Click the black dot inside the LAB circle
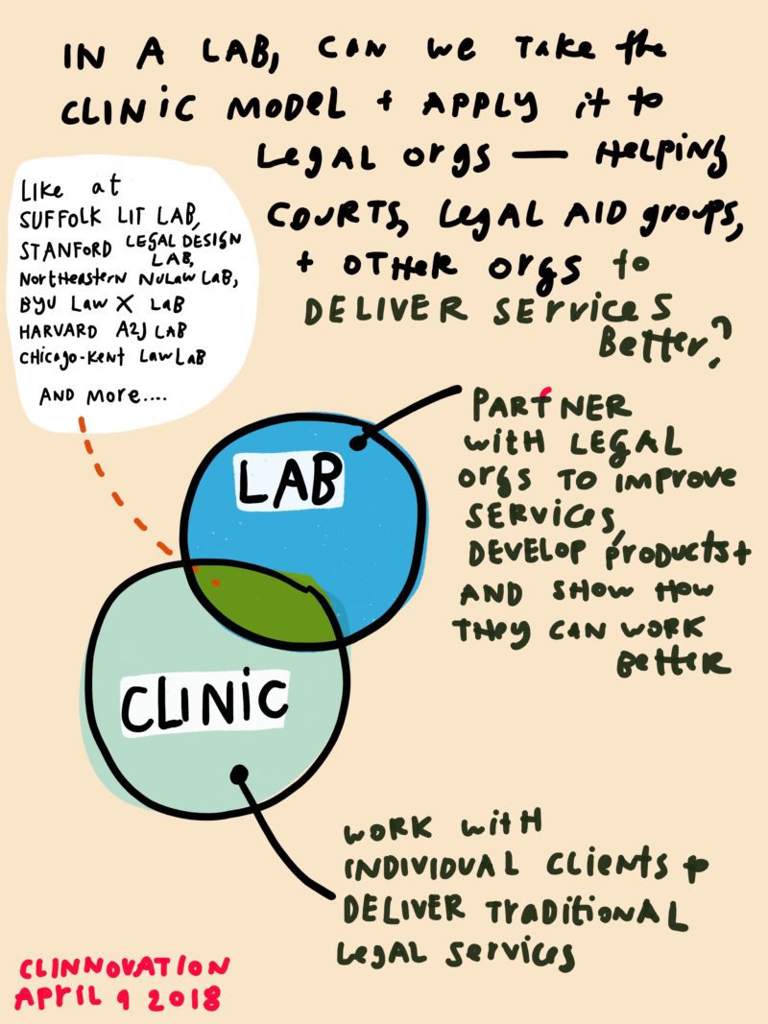359,443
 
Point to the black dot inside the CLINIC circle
239,772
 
